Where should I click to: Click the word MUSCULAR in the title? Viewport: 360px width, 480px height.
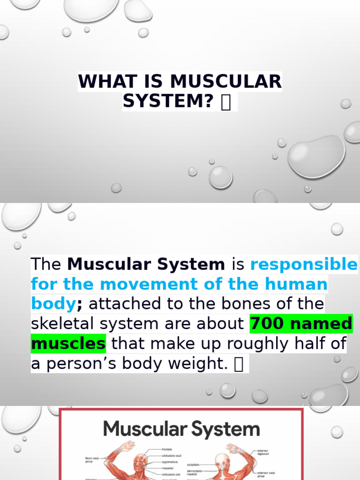(x=226, y=82)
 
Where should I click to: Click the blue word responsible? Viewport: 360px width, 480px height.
(x=304, y=264)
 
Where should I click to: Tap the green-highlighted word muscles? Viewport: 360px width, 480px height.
(x=68, y=344)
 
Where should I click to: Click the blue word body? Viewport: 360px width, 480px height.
(x=53, y=304)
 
